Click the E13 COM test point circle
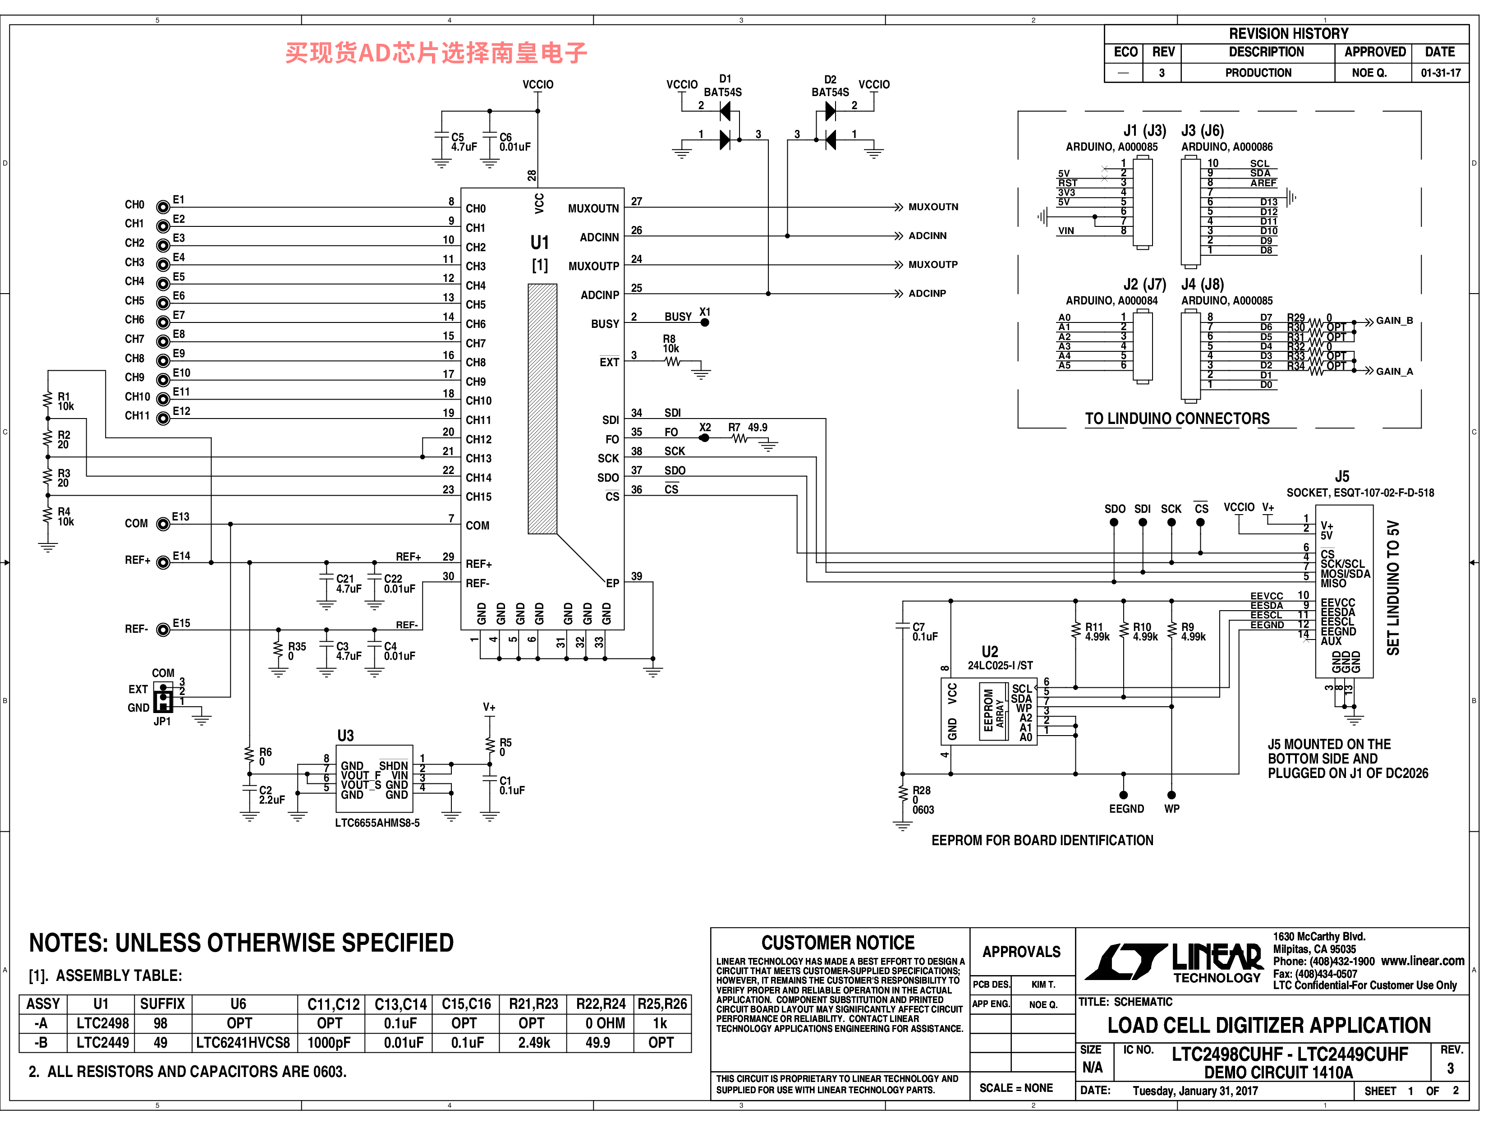[x=163, y=524]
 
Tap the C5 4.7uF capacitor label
[x=464, y=142]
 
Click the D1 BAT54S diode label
[x=723, y=85]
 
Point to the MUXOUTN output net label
[x=933, y=207]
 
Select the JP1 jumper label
[x=162, y=721]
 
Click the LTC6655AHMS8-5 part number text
[x=377, y=823]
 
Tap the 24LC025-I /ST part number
[x=1000, y=666]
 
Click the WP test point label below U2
[x=1172, y=809]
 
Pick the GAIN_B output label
[x=1395, y=321]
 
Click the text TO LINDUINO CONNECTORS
[x=1177, y=419]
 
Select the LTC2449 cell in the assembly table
[x=102, y=1043]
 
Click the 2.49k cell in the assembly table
[x=534, y=1043]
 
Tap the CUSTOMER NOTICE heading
[x=838, y=943]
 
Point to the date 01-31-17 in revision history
[x=1441, y=73]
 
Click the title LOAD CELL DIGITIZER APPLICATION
[x=1269, y=1026]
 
